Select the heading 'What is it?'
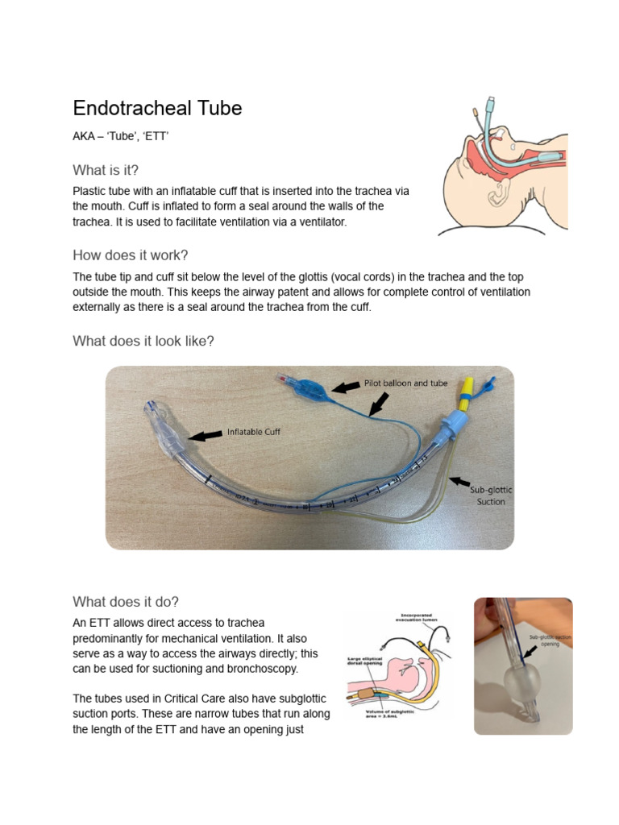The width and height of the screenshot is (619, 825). [x=111, y=169]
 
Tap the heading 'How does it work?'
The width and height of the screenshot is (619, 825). [x=131, y=255]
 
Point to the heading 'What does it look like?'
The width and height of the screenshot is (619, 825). [x=143, y=341]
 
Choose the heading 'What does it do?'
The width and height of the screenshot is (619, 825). [x=126, y=602]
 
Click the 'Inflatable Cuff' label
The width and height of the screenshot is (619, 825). [x=253, y=432]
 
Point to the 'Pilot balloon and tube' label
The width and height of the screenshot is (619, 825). [x=405, y=383]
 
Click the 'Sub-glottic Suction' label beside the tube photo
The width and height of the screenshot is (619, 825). [x=491, y=495]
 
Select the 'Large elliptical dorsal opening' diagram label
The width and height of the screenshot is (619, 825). [x=364, y=662]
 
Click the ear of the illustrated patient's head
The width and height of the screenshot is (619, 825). [x=501, y=191]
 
